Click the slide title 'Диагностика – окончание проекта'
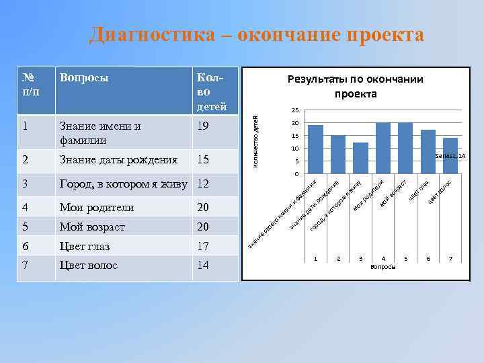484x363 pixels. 257,34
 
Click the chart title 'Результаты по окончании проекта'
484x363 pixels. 356,87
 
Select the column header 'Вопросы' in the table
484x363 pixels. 85,77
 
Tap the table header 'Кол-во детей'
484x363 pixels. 212,90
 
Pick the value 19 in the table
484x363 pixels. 204,126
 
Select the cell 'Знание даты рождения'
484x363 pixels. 118,160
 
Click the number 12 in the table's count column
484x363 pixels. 204,184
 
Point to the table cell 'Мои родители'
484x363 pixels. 97,207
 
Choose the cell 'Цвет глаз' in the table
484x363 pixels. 85,246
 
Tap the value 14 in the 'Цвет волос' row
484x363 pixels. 204,265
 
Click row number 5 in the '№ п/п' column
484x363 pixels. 26,227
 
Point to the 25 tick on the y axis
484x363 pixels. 294,110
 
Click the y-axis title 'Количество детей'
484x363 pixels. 255,142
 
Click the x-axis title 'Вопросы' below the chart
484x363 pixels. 383,267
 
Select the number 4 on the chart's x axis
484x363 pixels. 383,259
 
